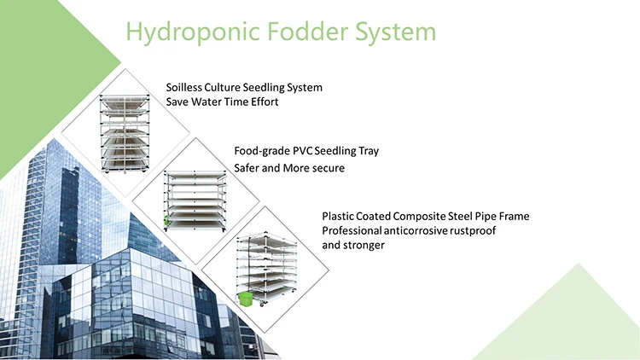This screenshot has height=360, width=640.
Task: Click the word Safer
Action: pos(250,168)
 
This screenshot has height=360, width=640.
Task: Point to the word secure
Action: pos(328,168)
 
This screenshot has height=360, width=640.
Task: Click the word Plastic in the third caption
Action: pos(338,217)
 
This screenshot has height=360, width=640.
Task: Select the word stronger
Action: pos(364,246)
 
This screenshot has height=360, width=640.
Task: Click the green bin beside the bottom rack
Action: pos(246,299)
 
